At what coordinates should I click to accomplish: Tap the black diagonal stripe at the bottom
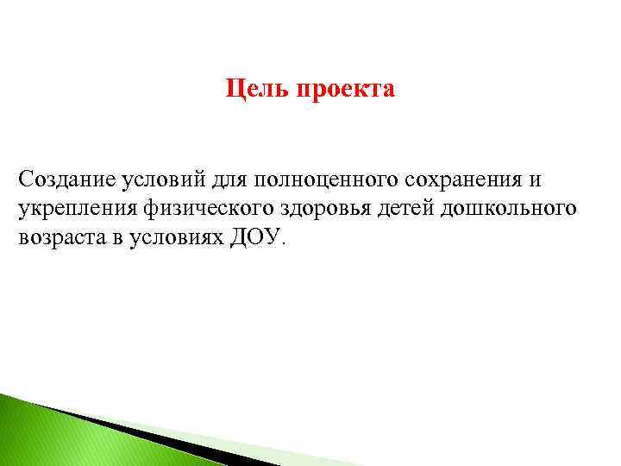tap(155, 436)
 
